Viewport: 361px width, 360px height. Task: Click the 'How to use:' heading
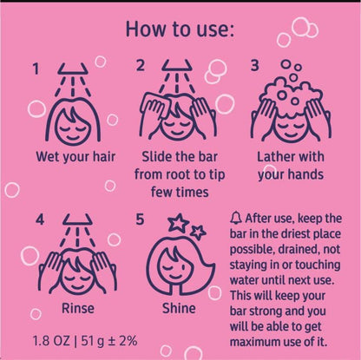point(180,29)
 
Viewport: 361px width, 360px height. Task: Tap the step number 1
point(36,69)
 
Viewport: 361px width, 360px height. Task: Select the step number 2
point(141,66)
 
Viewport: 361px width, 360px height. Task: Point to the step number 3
point(254,66)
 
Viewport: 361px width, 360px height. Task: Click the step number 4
point(40,219)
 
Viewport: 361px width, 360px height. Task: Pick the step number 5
point(140,219)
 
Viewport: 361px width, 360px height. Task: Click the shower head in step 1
point(73,69)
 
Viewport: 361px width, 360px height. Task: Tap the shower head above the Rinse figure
point(77,219)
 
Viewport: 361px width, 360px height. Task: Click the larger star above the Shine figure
point(178,222)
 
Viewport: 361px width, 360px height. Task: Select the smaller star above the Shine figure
point(198,232)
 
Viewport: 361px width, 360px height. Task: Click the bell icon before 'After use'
point(236,218)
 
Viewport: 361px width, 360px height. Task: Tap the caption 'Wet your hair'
point(75,157)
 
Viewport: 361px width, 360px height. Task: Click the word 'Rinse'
point(78,308)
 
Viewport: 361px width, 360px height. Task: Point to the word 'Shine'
point(179,308)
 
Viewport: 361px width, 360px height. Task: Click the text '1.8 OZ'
point(51,341)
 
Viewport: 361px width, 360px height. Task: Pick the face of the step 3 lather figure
point(290,128)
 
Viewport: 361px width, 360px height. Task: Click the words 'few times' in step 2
point(180,193)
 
